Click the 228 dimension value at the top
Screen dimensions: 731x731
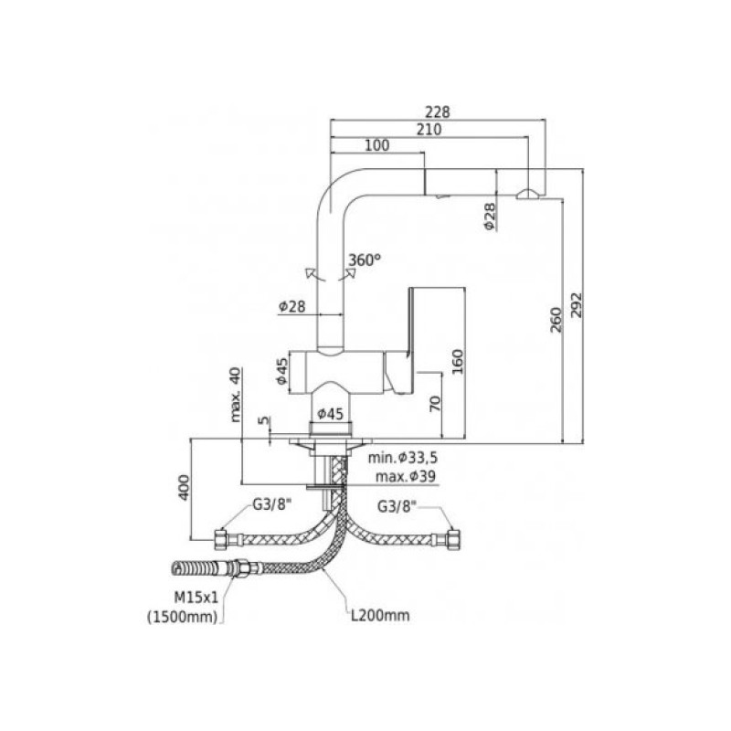[439, 111]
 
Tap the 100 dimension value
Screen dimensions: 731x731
[376, 145]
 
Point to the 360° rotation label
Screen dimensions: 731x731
[364, 260]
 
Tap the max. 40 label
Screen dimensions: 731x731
[235, 394]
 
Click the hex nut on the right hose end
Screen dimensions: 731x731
[454, 535]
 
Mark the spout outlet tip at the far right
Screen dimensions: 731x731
[528, 193]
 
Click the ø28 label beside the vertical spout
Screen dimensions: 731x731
[291, 308]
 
